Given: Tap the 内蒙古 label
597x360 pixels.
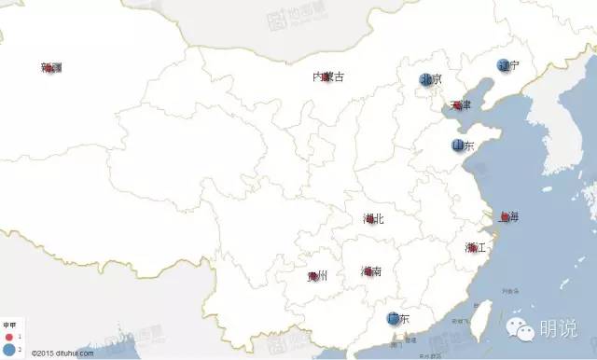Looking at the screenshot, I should coord(326,76).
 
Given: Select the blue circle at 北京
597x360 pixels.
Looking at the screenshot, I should coord(425,79).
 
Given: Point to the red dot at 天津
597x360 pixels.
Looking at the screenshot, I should coord(456,104).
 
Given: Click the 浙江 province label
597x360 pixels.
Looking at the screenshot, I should coord(476,248).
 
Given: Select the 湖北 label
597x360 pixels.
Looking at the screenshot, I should coord(373,219).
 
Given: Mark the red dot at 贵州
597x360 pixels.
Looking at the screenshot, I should coord(314,276).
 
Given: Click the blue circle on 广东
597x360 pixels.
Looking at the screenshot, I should coord(395,319).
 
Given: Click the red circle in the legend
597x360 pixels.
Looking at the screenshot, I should coord(8,335).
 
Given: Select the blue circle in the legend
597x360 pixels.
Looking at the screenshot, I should coord(8,347).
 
